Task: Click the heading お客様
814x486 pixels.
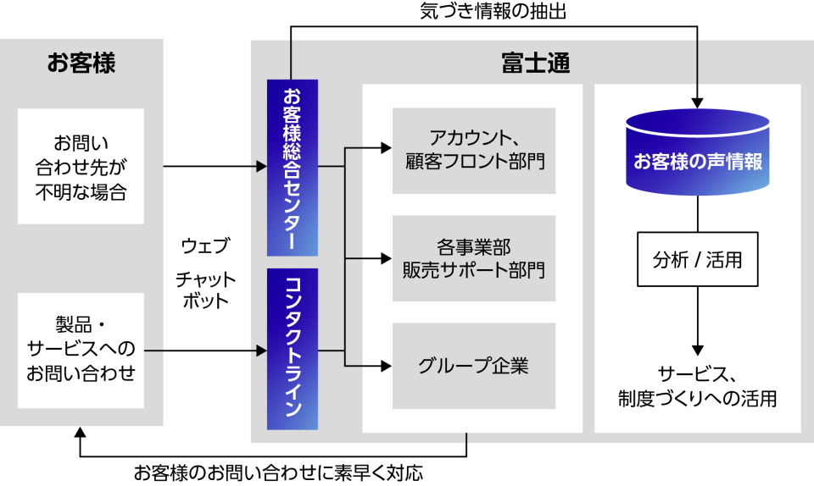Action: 81,64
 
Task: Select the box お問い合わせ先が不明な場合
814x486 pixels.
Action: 81,166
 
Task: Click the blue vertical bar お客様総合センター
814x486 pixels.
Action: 292,168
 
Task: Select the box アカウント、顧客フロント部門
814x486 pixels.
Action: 473,150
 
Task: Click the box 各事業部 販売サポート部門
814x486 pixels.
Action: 473,258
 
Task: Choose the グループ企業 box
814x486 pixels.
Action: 473,366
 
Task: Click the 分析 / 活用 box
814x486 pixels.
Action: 697,259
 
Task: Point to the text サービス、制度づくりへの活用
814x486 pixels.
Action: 697,385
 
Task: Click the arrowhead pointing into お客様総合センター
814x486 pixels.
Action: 261,167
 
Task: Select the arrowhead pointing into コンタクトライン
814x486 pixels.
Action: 261,350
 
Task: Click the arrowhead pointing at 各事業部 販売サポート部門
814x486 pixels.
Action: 386,257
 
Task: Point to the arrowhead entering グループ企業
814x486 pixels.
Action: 386,366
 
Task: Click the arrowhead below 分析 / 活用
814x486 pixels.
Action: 697,349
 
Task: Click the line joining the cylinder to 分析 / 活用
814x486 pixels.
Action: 697,215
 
